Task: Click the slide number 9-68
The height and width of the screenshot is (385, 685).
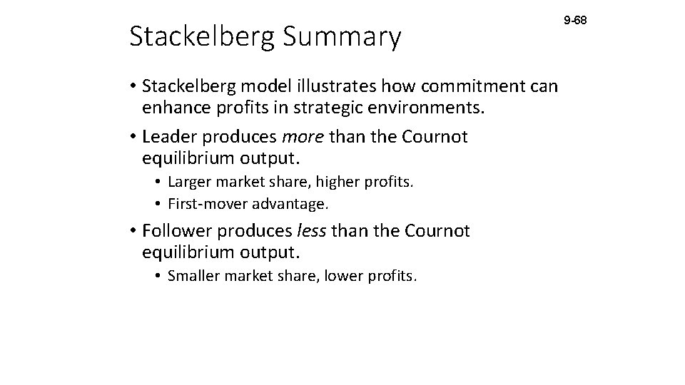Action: [x=575, y=21]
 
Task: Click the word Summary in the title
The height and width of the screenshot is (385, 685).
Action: [x=343, y=37]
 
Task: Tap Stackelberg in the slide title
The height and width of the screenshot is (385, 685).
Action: [x=201, y=37]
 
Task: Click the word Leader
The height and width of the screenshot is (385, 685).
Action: [x=169, y=135]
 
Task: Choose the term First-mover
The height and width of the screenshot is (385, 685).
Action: [x=206, y=204]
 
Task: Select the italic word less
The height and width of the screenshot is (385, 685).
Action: [x=308, y=230]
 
